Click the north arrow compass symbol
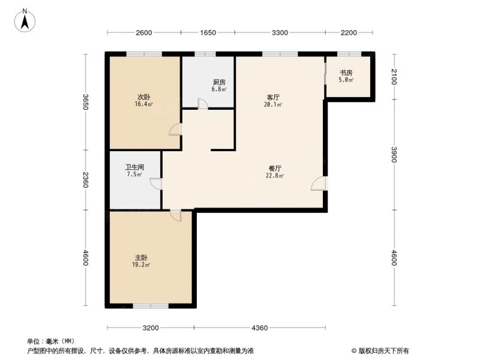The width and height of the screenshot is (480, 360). pos(25,20)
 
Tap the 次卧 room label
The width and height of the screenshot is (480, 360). pos(143,97)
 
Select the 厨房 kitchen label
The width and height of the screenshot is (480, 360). pos(219,82)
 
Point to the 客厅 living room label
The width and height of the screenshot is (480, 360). pos(273,98)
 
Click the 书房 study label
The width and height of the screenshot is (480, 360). pos(346,73)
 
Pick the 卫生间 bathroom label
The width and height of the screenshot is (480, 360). pos(134,167)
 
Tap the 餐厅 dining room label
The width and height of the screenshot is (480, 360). pos(275,169)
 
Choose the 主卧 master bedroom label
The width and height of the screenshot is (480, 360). pos(141,258)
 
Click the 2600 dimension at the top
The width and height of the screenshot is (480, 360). pos(144,32)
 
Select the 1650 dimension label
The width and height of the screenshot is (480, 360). pos(208,32)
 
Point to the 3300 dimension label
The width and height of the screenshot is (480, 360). pos(280,32)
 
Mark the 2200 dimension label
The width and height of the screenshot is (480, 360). pos(349,32)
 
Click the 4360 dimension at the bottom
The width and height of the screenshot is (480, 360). pos(260,328)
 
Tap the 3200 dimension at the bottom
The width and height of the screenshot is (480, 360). pos(151,328)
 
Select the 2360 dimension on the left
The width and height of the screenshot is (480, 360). pos(85,180)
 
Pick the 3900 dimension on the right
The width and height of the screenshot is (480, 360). pos(394,155)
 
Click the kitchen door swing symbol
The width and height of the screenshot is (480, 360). pos(203,103)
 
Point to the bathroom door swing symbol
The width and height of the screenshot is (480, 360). pos(156,184)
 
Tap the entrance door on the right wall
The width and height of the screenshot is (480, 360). pos(319,184)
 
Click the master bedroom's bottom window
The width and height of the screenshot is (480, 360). pos(151,305)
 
